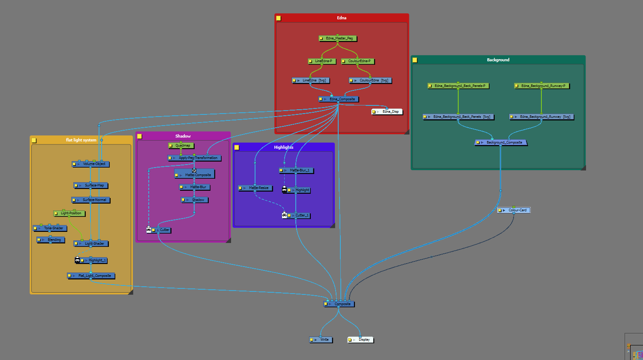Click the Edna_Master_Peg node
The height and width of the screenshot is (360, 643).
click(x=338, y=39)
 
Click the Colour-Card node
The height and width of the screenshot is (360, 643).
click(x=517, y=210)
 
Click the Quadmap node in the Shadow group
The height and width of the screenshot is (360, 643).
click(x=182, y=146)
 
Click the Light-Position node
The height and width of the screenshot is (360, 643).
click(x=71, y=213)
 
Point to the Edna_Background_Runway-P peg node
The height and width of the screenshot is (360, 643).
click(x=543, y=86)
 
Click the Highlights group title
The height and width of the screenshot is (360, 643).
click(x=283, y=147)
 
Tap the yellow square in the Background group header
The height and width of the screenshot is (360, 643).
click(x=415, y=60)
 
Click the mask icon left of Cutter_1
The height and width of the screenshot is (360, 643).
click(x=284, y=215)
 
